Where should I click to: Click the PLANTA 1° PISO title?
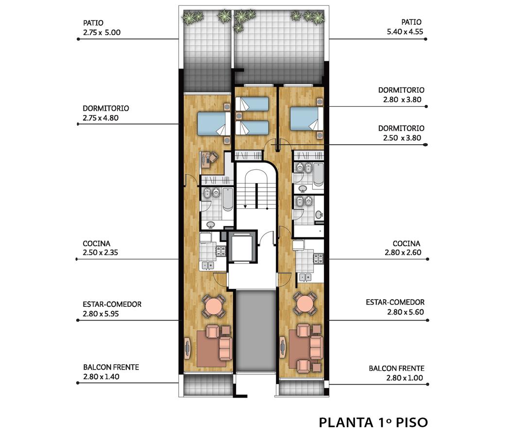373,422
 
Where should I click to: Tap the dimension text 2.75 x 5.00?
102,33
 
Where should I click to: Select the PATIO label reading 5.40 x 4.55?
405,27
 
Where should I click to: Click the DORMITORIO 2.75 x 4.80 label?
105,113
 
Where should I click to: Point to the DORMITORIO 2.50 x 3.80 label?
402,133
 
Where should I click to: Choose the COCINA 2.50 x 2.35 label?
100,248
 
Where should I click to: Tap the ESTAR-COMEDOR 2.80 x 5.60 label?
395,307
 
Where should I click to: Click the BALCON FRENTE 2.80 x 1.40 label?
111,372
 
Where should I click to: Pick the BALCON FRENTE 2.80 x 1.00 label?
397,373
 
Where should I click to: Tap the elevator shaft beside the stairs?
242,247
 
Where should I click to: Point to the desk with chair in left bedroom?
208,159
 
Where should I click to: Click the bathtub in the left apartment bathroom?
228,199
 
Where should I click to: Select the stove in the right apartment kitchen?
318,258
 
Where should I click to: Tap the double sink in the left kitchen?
208,266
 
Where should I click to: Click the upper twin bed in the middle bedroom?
252,104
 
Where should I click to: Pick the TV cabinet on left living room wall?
187,348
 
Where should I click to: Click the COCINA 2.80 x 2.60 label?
403,248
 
